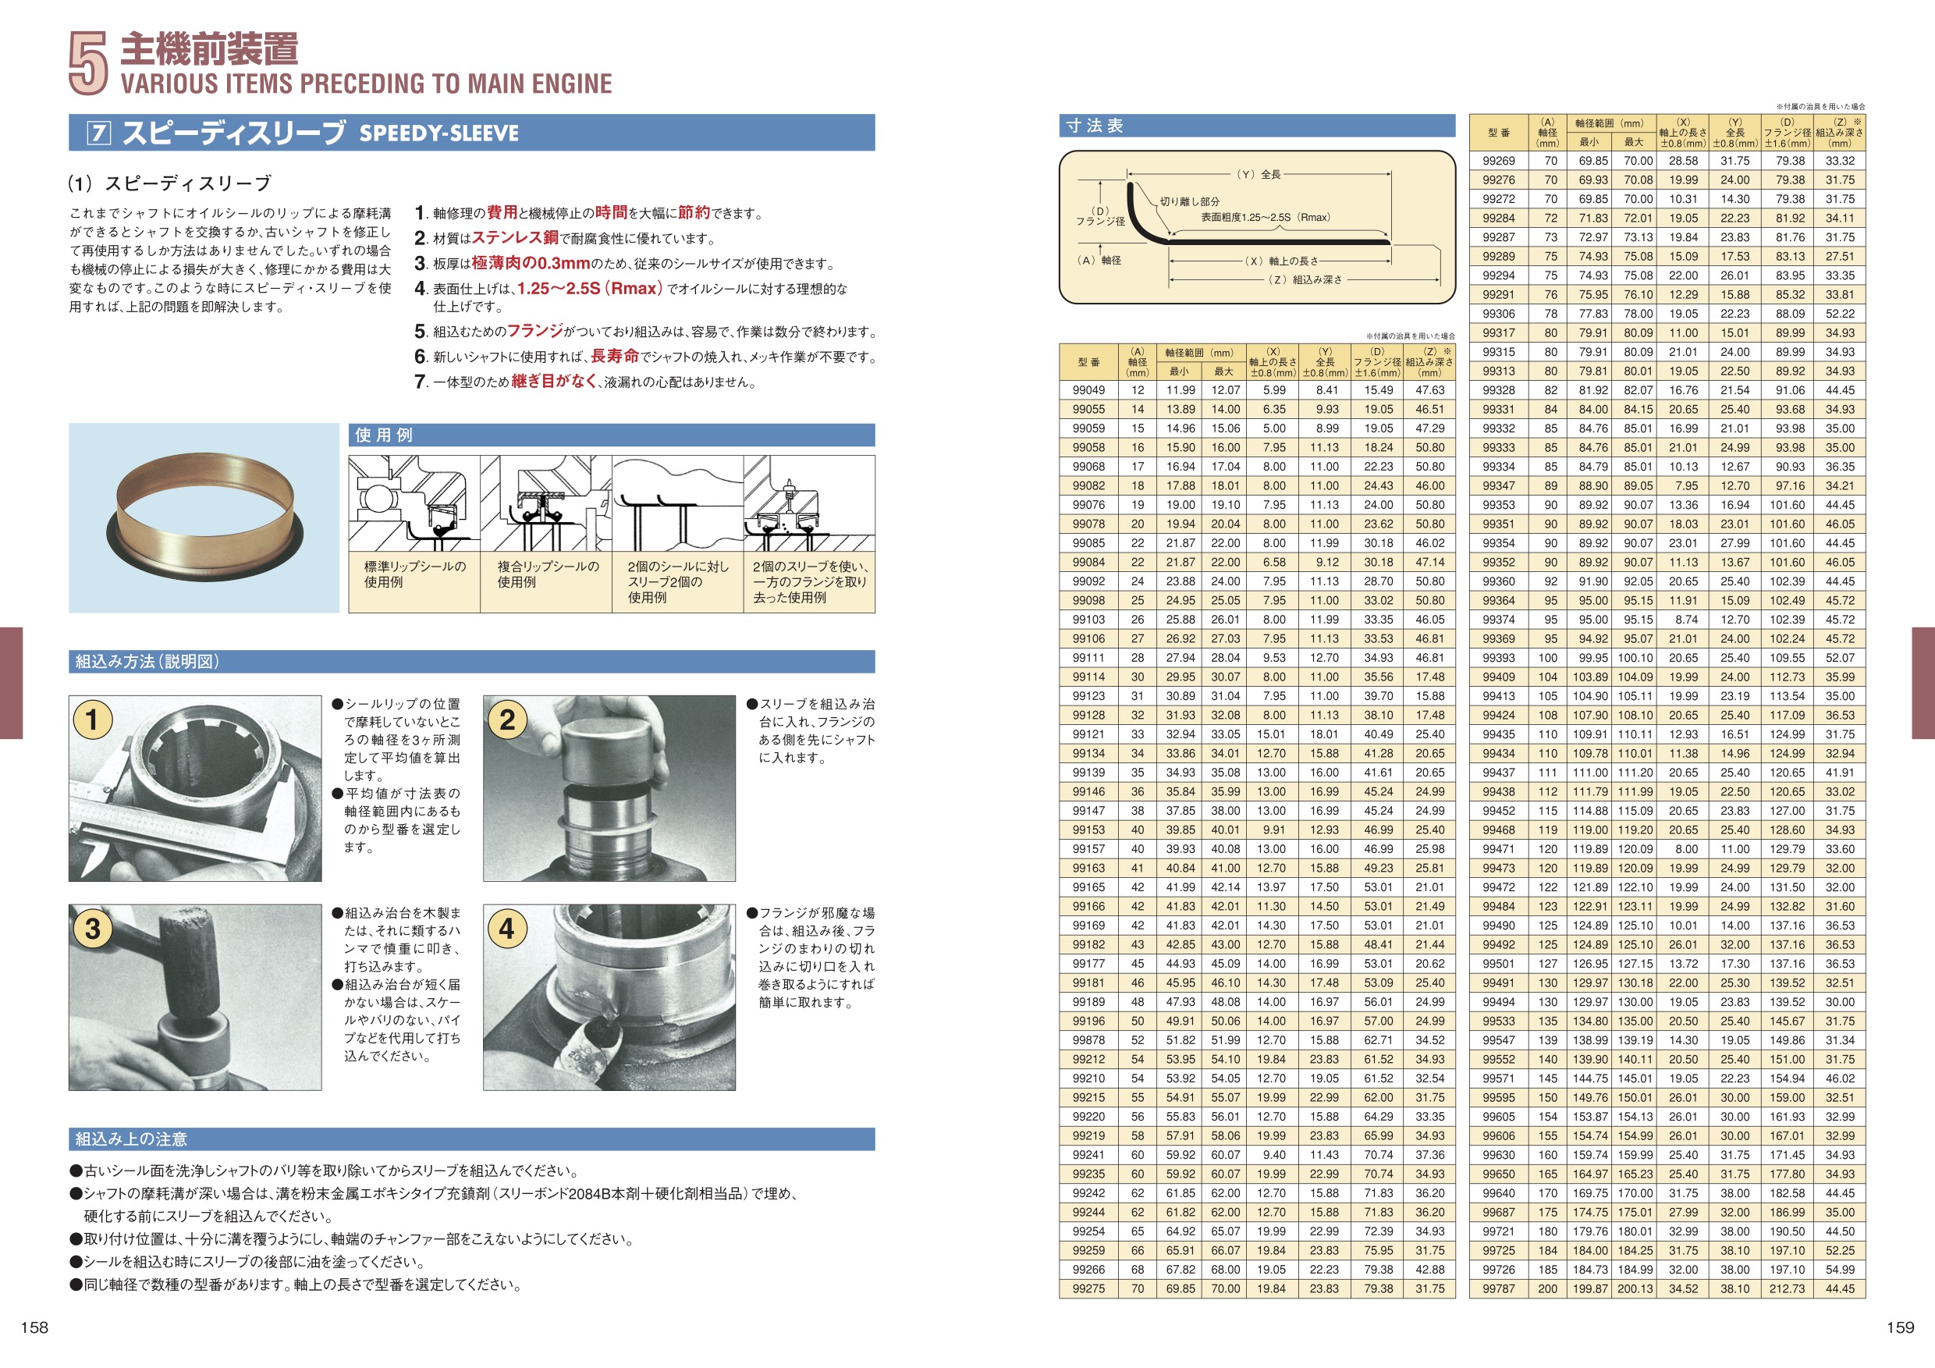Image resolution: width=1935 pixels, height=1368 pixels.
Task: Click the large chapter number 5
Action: pyautogui.click(x=87, y=63)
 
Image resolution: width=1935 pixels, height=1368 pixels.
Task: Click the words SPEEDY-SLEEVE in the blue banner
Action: pyautogui.click(x=438, y=133)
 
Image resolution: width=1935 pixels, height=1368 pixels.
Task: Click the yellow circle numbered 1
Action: pyautogui.click(x=93, y=719)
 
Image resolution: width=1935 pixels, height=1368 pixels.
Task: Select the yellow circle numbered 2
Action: pyautogui.click(x=506, y=719)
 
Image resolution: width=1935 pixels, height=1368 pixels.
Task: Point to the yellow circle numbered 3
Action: pyautogui.click(x=93, y=928)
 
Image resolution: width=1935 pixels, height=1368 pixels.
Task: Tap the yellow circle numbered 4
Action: pyautogui.click(x=506, y=928)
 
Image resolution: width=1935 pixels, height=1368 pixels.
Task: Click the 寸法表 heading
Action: pyautogui.click(x=1094, y=126)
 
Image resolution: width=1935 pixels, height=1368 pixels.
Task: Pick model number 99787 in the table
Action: pyautogui.click(x=1498, y=1288)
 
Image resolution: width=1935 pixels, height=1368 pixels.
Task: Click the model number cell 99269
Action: pyautogui.click(x=1498, y=161)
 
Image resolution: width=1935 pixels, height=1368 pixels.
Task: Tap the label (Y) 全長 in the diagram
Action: pyautogui.click(x=1259, y=175)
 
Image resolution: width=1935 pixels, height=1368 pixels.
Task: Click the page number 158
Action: pyautogui.click(x=34, y=1327)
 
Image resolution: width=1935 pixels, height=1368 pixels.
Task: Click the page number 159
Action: pyautogui.click(x=1900, y=1327)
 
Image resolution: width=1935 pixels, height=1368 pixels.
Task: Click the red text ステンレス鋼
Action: pyautogui.click(x=514, y=239)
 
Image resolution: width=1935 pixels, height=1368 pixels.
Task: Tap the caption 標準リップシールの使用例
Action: pyautogui.click(x=414, y=574)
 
